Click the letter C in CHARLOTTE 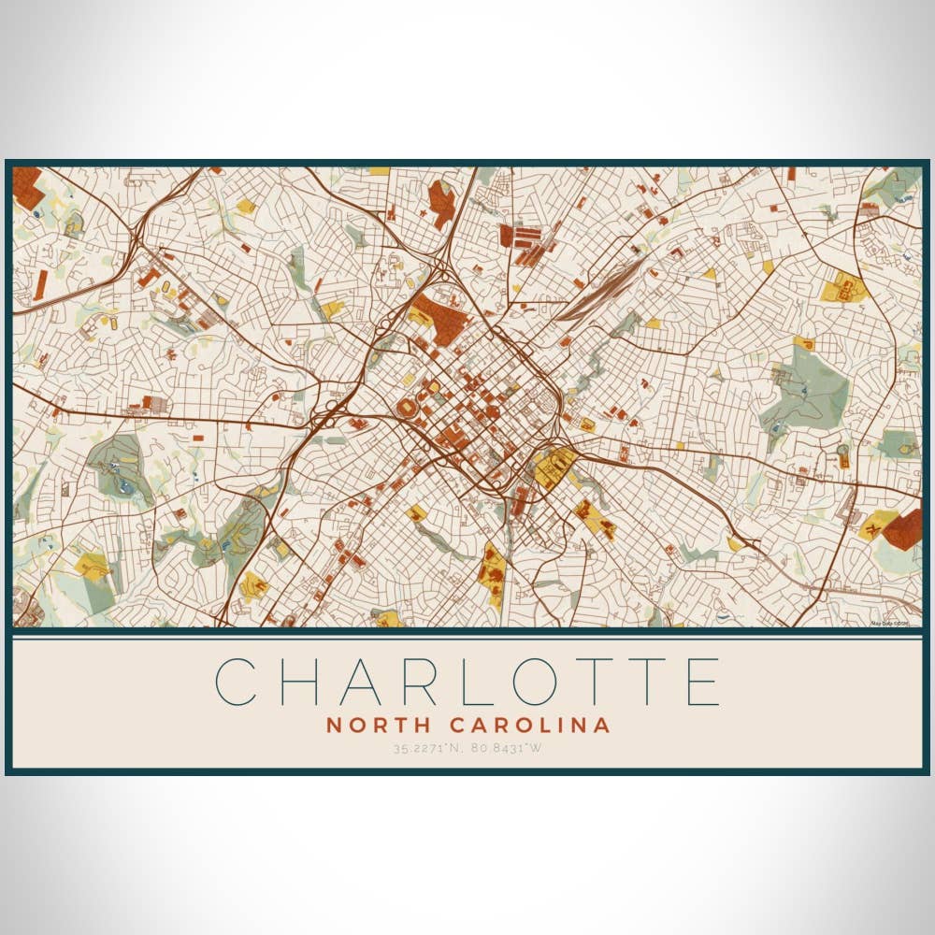[236, 682]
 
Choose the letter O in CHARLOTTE [560, 682]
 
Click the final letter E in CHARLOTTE [702, 682]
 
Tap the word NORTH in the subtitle [379, 725]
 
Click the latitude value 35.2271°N [426, 747]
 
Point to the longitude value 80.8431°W [508, 747]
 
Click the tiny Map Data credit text [890, 623]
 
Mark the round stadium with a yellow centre [408, 409]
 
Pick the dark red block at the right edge [904, 528]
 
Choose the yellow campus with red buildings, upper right [846, 289]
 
